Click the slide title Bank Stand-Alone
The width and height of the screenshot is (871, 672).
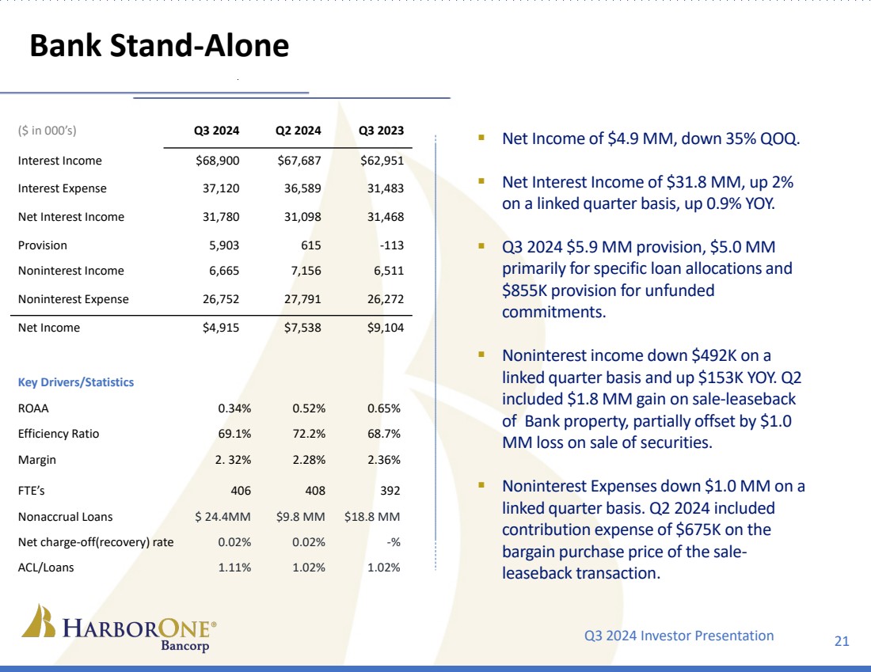click(158, 47)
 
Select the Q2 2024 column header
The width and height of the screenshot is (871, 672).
click(299, 131)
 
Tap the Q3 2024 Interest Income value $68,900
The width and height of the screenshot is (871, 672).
click(217, 161)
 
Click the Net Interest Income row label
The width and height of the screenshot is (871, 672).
click(70, 217)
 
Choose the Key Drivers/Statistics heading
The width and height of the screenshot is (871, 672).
click(75, 382)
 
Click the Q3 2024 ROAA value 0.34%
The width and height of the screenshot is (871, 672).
click(234, 409)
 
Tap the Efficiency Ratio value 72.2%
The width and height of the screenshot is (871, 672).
click(310, 434)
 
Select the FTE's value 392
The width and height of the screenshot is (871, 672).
click(390, 491)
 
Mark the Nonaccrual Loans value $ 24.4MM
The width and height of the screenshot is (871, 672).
click(223, 517)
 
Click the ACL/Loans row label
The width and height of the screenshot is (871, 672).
click(45, 567)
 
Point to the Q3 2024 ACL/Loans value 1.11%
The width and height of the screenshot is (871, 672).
click(234, 567)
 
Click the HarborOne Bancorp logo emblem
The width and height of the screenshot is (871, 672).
click(39, 621)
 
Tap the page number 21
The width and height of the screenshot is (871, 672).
click(842, 640)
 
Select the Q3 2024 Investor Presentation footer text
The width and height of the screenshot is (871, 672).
click(679, 635)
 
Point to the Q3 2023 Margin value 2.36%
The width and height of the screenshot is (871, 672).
click(384, 460)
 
